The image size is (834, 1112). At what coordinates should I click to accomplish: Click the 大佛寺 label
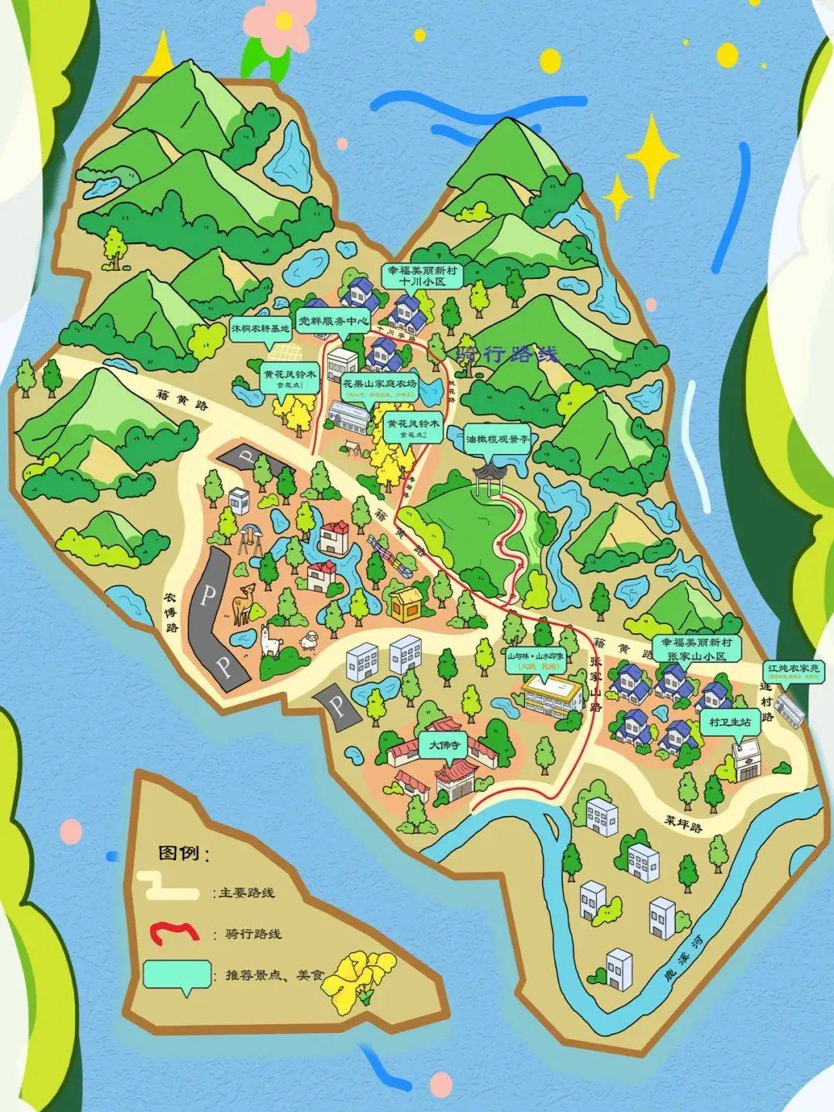444,745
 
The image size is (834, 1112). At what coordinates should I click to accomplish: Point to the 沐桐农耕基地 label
261,328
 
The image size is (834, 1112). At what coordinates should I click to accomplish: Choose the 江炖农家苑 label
795,669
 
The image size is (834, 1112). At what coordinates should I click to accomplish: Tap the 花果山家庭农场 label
380,385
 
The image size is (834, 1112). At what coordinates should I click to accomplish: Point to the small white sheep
310,640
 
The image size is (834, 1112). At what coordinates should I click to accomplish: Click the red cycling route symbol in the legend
174,932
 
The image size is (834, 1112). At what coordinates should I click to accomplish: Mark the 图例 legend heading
184,853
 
